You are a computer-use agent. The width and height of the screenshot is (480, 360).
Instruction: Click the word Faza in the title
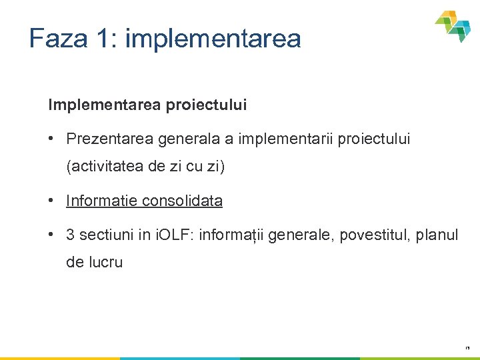pos(59,38)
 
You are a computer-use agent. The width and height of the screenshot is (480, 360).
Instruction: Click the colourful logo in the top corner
pos(453,25)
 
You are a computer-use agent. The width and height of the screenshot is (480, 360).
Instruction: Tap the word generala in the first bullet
pos(184,139)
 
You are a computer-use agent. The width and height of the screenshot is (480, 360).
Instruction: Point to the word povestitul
pos(372,235)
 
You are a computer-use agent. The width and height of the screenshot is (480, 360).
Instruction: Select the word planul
pos(437,235)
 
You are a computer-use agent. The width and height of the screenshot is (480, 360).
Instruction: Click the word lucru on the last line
pos(105,262)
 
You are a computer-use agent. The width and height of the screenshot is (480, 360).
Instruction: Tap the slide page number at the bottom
pos(467,348)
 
